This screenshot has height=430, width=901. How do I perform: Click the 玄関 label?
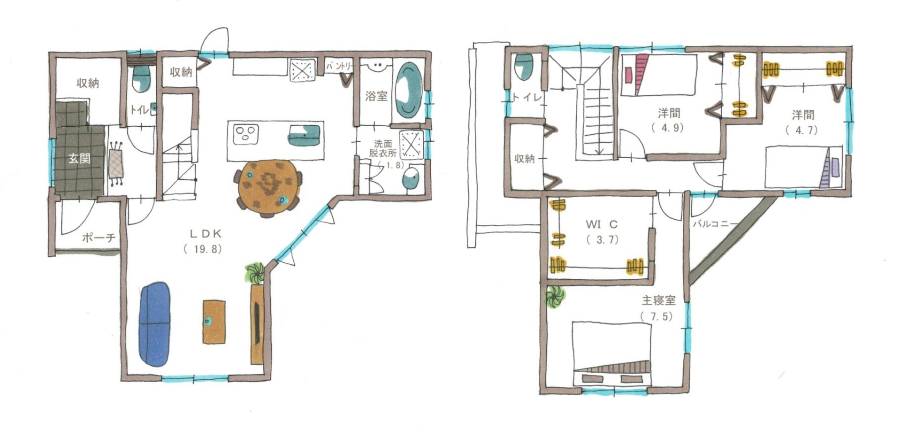(x=79, y=158)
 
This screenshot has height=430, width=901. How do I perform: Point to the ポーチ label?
(x=99, y=238)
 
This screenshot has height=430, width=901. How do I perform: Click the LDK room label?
(x=205, y=234)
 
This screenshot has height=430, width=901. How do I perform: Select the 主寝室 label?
(x=658, y=300)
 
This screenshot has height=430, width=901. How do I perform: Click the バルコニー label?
(x=715, y=224)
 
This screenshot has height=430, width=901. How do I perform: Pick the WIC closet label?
(x=602, y=225)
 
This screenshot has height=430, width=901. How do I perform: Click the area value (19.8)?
(x=202, y=249)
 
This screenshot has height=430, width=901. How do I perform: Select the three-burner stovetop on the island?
(x=246, y=134)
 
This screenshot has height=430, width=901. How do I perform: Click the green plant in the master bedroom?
(x=556, y=297)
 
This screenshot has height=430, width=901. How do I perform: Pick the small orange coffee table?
(x=214, y=322)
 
